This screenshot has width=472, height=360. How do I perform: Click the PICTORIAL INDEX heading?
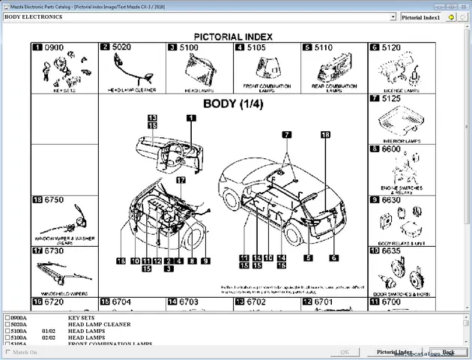(x=233, y=36)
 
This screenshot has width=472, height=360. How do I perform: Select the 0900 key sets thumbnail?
(x=64, y=72)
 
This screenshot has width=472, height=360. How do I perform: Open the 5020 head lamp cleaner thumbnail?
(x=131, y=72)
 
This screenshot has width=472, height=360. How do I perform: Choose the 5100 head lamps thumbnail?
(x=199, y=72)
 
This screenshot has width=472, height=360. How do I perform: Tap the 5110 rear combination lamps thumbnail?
(x=333, y=72)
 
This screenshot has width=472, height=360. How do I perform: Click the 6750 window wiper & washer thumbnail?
(x=64, y=221)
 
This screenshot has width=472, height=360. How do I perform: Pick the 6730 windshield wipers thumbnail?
(x=64, y=271)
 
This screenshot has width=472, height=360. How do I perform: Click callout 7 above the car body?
(x=286, y=134)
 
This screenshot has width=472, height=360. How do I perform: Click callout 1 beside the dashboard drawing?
(x=191, y=118)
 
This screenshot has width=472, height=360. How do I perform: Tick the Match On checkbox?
(x=8, y=352)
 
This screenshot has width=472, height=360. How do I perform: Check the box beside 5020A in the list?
(x=7, y=325)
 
